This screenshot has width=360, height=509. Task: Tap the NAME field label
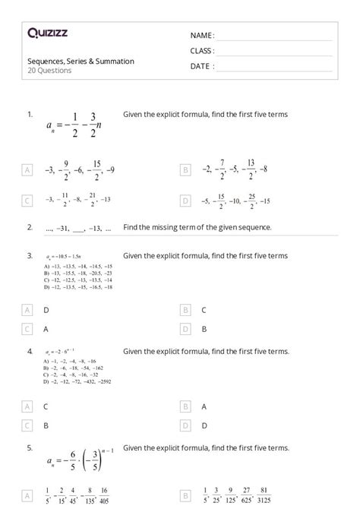point(202,35)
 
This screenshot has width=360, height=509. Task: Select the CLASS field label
point(202,51)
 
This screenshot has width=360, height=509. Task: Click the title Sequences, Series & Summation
point(81,61)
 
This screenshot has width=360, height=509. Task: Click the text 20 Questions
point(49,71)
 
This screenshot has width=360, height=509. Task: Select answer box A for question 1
point(28,171)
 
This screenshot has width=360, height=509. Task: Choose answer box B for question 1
point(185,171)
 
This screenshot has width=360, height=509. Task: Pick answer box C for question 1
point(28,201)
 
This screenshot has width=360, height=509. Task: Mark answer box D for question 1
point(185,201)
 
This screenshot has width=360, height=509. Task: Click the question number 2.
point(30,226)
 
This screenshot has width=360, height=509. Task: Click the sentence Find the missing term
point(197,226)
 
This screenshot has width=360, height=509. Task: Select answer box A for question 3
point(28,310)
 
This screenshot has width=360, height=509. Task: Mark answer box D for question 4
point(185,425)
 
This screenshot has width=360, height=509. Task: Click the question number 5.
point(30,448)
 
